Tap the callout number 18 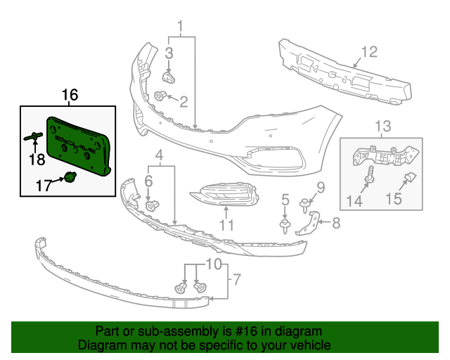click(35, 159)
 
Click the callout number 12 click(369, 51)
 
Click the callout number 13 click(382, 127)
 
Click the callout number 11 click(226, 226)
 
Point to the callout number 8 click(335, 225)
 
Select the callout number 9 click(320, 187)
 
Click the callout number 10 click(213, 264)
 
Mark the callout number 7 click(236, 280)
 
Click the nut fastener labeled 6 click(150, 205)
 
